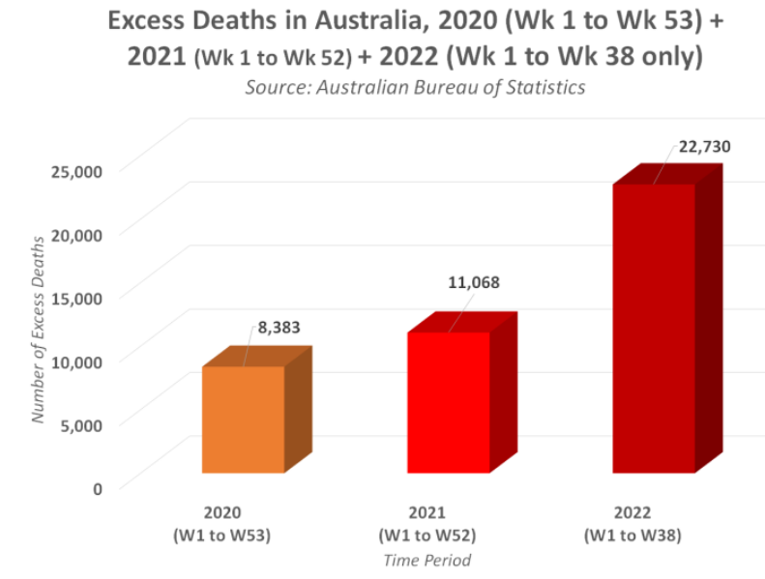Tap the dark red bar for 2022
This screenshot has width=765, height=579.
point(654,329)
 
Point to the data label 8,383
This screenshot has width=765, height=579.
point(279,328)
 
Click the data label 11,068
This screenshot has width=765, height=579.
point(474,283)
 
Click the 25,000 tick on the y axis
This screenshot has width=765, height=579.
point(75,171)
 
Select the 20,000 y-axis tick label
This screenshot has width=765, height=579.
point(75,234)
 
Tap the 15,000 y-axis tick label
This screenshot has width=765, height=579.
point(75,297)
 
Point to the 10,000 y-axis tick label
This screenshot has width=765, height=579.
point(75,361)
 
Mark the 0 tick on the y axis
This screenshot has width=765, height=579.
point(97,487)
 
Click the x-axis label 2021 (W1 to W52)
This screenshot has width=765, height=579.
point(427,523)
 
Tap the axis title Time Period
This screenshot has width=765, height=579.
point(427,560)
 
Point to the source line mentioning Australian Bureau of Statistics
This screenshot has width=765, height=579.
point(415,87)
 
